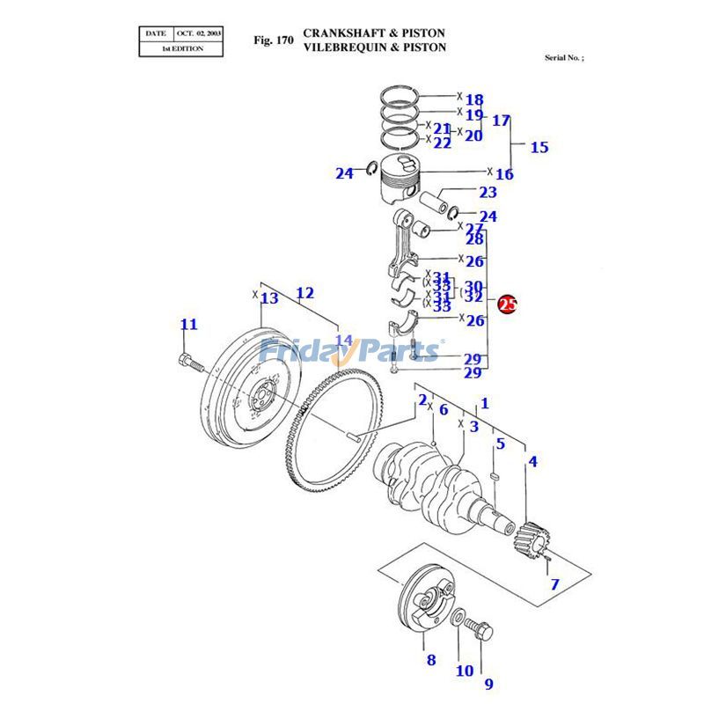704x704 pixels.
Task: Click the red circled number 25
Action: click(508, 305)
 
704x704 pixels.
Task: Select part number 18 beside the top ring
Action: click(474, 99)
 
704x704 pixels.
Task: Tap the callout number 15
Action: click(539, 147)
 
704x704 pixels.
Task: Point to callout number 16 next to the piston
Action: click(504, 174)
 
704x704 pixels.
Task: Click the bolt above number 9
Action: click(485, 629)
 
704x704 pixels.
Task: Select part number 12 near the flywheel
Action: click(304, 293)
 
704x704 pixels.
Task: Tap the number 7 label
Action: click(554, 583)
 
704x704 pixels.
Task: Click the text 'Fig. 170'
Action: click(273, 40)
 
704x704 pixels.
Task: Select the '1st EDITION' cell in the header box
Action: click(181, 48)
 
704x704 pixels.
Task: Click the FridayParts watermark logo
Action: click(351, 351)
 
